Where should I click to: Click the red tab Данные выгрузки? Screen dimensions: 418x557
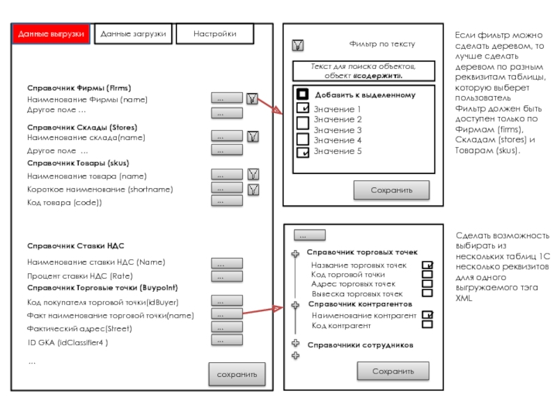tap(52, 34)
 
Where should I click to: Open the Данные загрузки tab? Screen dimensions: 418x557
tap(133, 34)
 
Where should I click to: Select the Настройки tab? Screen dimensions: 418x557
tap(214, 34)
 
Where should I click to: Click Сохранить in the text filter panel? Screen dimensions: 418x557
tap(391, 190)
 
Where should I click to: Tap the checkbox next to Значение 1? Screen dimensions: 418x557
tap(303, 109)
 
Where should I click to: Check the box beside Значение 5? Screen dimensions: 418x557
tap(303, 152)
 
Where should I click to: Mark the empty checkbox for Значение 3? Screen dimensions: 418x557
tap(303, 130)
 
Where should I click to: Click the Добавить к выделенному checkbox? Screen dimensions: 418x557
tap(303, 94)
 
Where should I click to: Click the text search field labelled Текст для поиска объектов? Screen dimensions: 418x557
tap(363, 70)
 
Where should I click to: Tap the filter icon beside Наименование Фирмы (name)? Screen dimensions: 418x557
tap(253, 99)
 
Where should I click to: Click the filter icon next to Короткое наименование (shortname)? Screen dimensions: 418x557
tap(253, 189)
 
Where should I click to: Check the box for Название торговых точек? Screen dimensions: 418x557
tap(427, 265)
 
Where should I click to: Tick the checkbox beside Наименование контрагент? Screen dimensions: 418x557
tap(427, 315)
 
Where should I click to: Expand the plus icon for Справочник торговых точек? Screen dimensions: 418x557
tap(295, 254)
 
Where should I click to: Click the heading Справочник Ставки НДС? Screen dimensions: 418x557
tap(76, 246)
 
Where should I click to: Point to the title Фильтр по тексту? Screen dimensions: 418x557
tap(382, 44)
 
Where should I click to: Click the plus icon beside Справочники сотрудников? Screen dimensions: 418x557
tap(295, 343)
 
